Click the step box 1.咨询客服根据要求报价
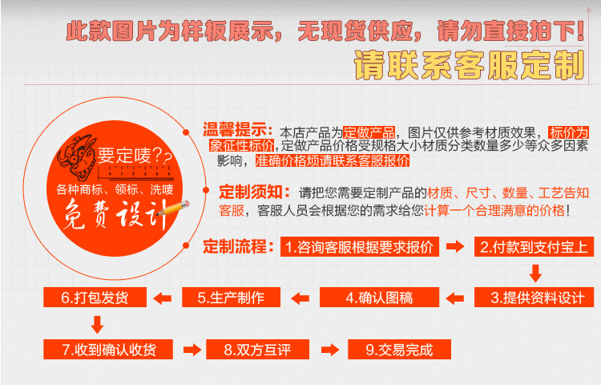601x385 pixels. coord(360,246)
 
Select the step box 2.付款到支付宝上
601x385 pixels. coord(534,246)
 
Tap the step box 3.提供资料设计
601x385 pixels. coord(534,298)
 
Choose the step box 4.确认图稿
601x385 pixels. coord(379,298)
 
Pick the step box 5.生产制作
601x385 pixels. coord(231,298)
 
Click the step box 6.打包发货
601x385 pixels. coord(95,298)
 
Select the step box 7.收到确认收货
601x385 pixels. coord(108,350)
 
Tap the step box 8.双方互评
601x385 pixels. coord(257,350)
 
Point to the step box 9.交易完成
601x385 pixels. coord(399,350)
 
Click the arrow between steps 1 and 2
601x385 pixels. coord(455,246)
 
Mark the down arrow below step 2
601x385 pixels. coord(535,273)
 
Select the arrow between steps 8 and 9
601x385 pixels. coord(330,350)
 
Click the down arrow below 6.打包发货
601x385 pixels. coord(97,324)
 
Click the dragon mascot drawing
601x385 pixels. coord(77,156)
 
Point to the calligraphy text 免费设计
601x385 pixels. coord(115,215)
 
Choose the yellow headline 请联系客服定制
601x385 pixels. coord(470,65)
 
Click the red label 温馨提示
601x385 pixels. coord(238,130)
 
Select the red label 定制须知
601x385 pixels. coord(255,192)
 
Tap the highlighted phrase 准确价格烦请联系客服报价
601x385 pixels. coord(333,160)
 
